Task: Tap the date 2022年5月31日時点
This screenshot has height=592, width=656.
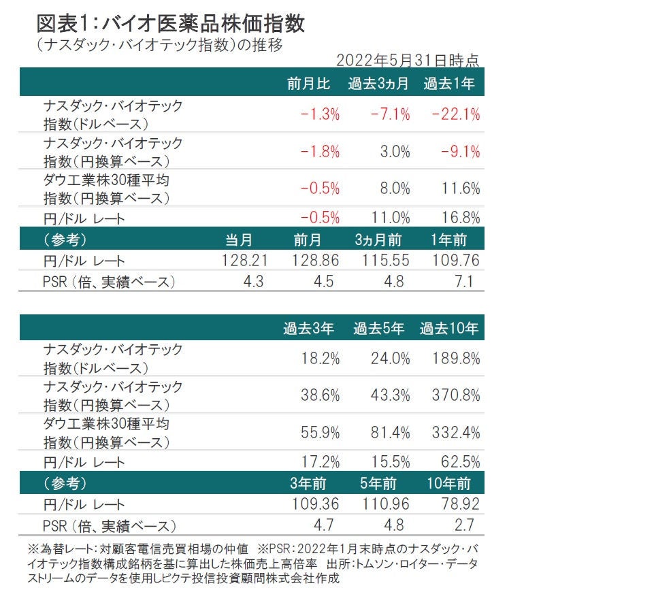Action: [408, 60]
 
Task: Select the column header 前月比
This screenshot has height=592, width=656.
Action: [308, 84]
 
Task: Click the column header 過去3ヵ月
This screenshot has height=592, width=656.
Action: [379, 84]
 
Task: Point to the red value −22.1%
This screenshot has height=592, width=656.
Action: [455, 114]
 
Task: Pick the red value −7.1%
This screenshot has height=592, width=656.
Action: [390, 114]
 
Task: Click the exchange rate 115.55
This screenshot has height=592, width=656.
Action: [384, 261]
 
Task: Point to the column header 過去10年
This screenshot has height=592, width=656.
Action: [449, 329]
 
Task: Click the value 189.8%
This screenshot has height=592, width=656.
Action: [455, 359]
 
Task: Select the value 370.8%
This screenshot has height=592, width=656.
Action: [455, 395]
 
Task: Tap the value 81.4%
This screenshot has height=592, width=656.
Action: [390, 432]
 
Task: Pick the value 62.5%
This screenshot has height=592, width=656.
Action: [460, 462]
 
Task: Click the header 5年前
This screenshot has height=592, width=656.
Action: [379, 484]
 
